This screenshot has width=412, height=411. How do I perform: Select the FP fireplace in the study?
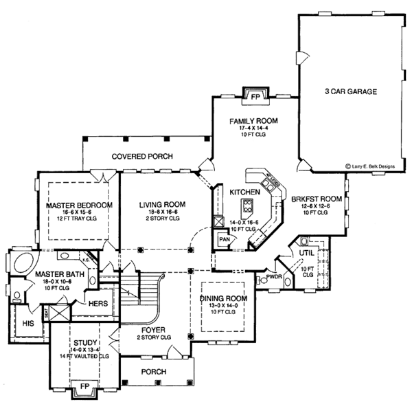(x=85, y=385)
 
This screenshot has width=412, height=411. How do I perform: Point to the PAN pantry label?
(x=224, y=239)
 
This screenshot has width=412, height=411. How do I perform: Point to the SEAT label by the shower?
(x=47, y=311)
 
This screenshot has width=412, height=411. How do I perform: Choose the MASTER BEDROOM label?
(x=69, y=205)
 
